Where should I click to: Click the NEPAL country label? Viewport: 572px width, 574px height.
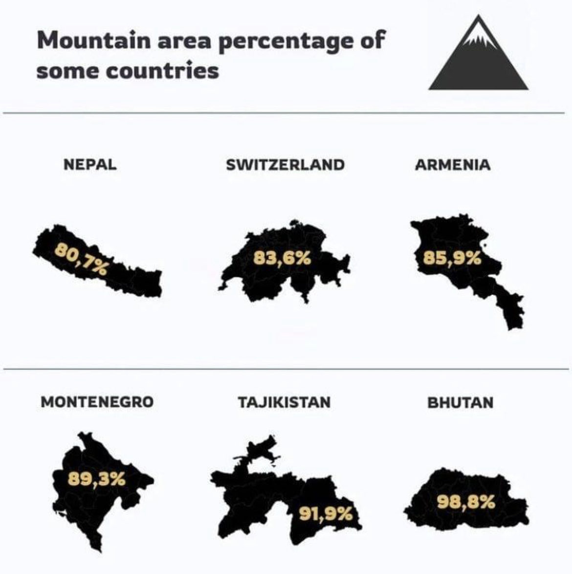[x=90, y=164]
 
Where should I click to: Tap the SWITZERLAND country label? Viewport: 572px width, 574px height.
[x=285, y=164]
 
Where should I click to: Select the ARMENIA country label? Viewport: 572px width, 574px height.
[x=452, y=164]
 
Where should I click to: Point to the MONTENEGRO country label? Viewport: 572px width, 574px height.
[x=97, y=402]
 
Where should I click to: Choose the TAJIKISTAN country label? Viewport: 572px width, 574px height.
[x=284, y=402]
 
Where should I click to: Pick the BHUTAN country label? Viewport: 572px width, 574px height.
[x=460, y=403]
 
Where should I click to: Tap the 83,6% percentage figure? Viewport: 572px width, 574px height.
[x=282, y=258]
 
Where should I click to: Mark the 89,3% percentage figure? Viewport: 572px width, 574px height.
[x=96, y=479]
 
